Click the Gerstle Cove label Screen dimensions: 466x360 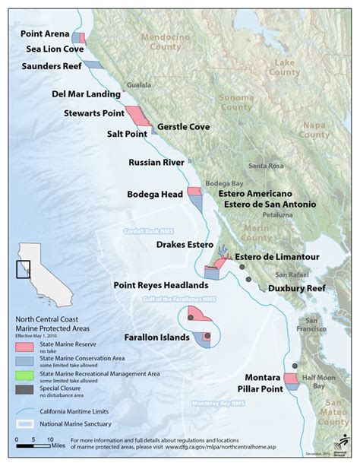(185, 127)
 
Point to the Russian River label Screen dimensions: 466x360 (156, 163)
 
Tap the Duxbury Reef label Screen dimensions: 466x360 (295, 288)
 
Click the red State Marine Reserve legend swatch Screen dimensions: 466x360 (25, 344)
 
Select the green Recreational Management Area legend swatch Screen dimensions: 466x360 (25, 375)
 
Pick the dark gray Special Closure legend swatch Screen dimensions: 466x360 (25, 390)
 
